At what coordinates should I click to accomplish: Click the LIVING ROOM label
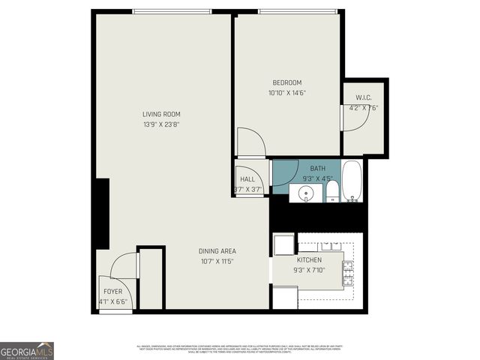coord(161,114)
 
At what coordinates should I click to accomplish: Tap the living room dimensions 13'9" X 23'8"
coord(161,124)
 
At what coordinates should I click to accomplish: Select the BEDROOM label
coord(286,82)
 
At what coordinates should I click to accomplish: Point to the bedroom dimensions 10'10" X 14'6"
coord(286,93)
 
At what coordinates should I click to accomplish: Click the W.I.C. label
coord(364,97)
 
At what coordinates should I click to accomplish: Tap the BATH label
coord(318,169)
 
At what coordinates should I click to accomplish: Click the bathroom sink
coord(304,194)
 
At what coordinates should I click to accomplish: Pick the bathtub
coord(352,181)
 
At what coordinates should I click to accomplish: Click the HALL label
coord(247,179)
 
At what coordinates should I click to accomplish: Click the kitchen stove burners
coord(348,273)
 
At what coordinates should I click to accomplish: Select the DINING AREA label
coord(217,250)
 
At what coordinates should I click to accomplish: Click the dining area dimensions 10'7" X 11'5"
coord(217,262)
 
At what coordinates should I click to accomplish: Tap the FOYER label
coord(112,290)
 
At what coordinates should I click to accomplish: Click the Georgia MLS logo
coord(27,350)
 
